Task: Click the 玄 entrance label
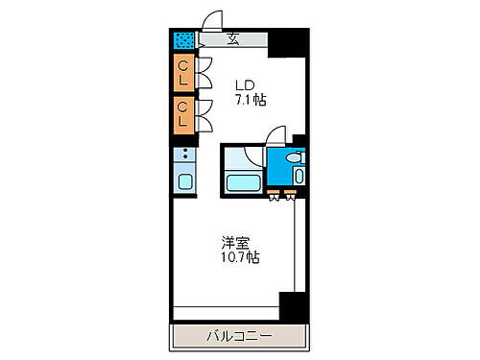[233, 39]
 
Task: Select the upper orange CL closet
[182, 72]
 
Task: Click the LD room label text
[245, 83]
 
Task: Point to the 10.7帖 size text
[239, 258]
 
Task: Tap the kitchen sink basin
[184, 180]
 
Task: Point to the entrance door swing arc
[213, 20]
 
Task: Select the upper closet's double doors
[203, 72]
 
